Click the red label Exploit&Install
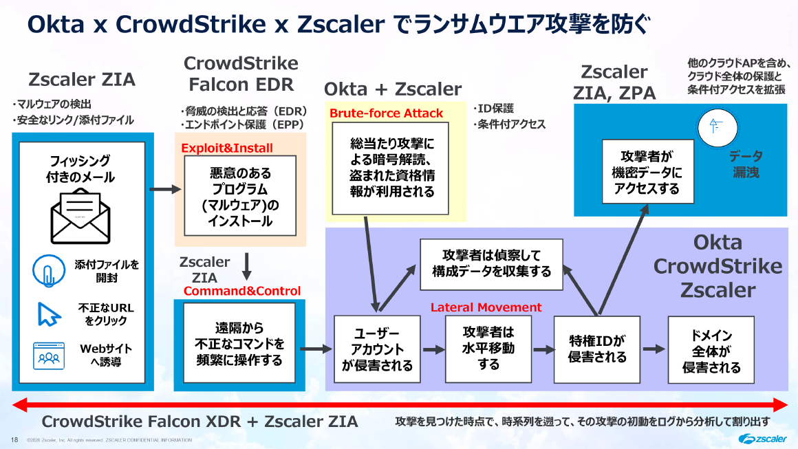click(226, 148)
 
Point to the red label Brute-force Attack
click(386, 113)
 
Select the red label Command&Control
click(241, 291)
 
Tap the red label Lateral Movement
click(486, 307)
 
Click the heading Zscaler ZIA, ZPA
click(614, 82)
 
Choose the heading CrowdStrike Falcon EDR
click(241, 74)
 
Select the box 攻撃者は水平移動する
click(488, 348)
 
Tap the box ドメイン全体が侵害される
click(711, 349)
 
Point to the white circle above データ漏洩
click(716, 127)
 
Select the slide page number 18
click(14, 439)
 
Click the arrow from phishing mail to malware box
click(163, 188)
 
